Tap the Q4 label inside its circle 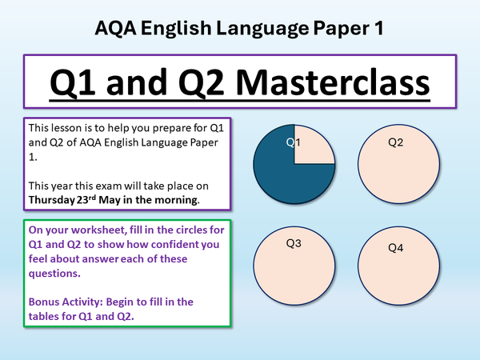point(395,247)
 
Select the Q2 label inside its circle point(395,142)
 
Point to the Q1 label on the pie point(294,142)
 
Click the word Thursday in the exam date point(54,199)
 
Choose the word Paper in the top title point(329,28)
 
